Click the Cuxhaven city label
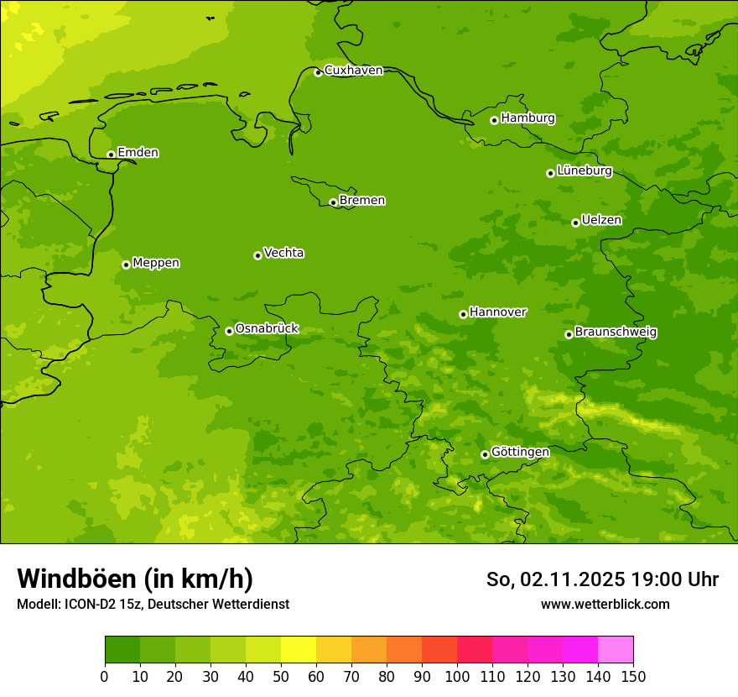(x=353, y=71)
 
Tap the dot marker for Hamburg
(x=494, y=120)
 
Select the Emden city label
(x=138, y=153)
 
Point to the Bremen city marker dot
(x=333, y=202)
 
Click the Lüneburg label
(x=584, y=171)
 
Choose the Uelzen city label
(x=601, y=221)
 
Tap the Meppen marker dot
(x=126, y=265)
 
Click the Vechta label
(x=283, y=253)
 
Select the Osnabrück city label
(x=267, y=329)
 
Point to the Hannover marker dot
(x=463, y=314)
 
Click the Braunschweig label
(x=616, y=333)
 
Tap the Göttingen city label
(x=520, y=453)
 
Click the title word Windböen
(x=75, y=579)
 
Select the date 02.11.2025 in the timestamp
(x=572, y=580)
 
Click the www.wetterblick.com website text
(x=605, y=605)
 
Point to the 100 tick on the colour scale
(x=457, y=676)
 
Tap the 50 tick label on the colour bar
(x=281, y=676)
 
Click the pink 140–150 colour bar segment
(x=616, y=650)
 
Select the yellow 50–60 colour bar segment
(x=299, y=650)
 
